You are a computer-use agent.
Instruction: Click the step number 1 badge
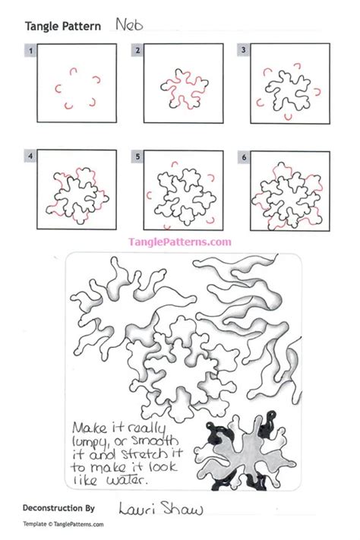click(x=31, y=50)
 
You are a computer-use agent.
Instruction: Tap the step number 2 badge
click(x=137, y=50)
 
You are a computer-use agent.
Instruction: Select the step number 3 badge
click(x=244, y=50)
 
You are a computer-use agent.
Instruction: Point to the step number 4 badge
click(x=31, y=158)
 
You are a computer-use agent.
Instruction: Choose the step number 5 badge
click(x=137, y=158)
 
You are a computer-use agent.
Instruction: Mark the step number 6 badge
click(x=244, y=158)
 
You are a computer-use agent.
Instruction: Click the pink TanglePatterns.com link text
click(x=181, y=242)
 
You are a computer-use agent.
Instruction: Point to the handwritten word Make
click(x=89, y=427)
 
